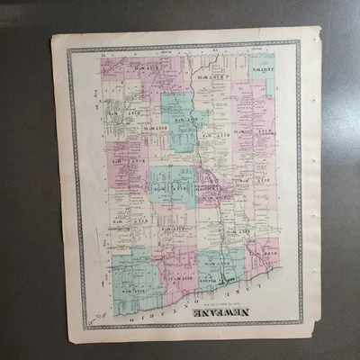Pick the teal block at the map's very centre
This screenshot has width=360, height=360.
tap(173, 184)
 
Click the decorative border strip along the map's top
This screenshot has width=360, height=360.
tap(180, 46)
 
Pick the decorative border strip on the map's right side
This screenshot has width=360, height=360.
tap(298, 180)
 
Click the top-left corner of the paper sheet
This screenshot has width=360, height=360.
tap(52, 36)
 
